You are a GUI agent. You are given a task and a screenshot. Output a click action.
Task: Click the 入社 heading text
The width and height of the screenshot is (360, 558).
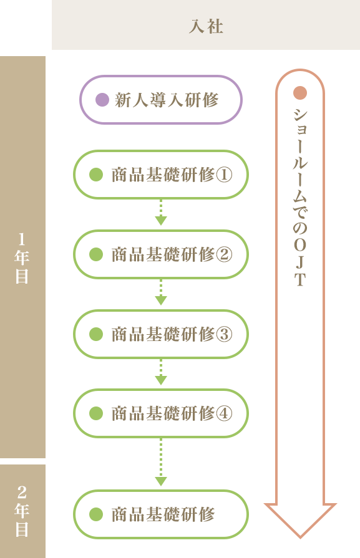point(206,26)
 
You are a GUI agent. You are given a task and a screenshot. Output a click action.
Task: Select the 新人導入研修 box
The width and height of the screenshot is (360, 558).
point(161,100)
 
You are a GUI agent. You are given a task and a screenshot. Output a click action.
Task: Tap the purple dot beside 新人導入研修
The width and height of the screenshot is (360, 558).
point(102,100)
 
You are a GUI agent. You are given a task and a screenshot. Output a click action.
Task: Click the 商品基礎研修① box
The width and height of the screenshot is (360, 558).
point(161,175)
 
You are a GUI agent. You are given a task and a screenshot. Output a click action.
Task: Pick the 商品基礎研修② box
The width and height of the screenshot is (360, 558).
point(161,254)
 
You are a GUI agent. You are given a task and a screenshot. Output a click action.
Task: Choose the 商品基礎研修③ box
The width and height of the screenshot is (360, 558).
point(161,334)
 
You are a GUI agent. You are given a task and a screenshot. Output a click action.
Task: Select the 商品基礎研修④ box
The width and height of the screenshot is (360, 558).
point(161,413)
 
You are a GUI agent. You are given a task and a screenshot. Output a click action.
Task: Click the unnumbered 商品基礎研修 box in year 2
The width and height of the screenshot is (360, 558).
point(161,514)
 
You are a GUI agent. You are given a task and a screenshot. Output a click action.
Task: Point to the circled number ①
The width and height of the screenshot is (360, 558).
point(225,175)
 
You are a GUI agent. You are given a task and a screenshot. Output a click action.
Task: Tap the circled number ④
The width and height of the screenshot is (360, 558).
point(225,413)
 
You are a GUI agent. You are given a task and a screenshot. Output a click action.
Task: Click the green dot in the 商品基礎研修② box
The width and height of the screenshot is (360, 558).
point(96,254)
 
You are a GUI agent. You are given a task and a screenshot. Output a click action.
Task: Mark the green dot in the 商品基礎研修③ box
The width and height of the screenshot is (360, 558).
point(96,334)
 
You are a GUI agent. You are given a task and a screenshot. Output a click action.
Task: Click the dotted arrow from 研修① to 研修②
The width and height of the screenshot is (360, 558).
point(161,213)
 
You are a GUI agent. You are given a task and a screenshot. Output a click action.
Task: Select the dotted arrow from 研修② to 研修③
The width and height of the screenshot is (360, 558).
point(161,292)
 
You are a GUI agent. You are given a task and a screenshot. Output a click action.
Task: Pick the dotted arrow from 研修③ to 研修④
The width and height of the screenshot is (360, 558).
point(161,372)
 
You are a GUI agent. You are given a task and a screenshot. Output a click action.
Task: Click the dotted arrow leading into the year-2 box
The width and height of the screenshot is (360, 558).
point(161,462)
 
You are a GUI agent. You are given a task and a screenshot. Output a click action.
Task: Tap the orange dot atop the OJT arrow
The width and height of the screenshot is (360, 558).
point(300,93)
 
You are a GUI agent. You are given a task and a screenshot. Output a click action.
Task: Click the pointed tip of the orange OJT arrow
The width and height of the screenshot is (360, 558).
point(300,537)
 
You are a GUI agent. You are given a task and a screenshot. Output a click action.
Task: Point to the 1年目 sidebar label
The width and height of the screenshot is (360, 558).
point(22,258)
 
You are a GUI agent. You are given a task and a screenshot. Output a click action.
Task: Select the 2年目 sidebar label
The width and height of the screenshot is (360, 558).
point(22,511)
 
